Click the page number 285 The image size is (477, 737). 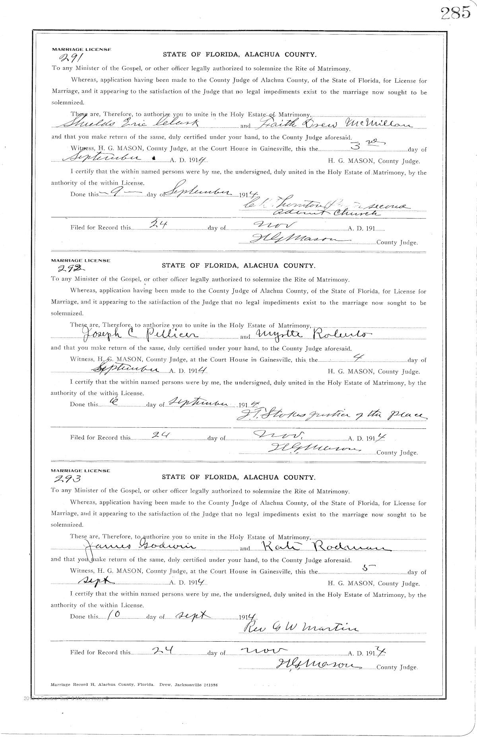click(455, 13)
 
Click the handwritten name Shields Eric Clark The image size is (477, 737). click(131, 124)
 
